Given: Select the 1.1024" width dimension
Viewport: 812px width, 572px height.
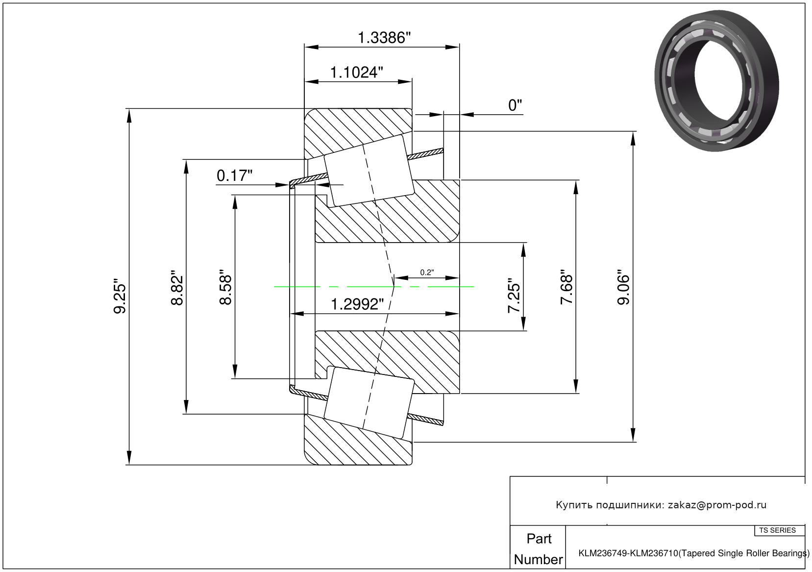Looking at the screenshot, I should point(356,73).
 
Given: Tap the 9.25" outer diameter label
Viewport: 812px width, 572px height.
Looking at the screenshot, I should point(120,296).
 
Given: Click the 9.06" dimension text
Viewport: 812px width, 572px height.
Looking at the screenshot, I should point(623,287).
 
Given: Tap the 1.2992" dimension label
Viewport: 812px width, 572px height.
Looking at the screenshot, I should point(357,304).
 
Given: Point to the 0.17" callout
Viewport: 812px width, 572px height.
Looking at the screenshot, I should point(235,175).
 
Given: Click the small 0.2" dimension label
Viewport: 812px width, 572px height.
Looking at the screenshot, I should point(427,273).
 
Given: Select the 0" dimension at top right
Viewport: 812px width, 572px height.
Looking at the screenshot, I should point(515,105).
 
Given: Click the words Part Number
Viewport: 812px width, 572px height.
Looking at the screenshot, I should point(538,548).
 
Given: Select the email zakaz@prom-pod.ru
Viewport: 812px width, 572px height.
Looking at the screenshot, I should point(717,505).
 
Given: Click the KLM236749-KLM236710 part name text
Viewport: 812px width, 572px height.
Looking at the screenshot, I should point(628,553).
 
